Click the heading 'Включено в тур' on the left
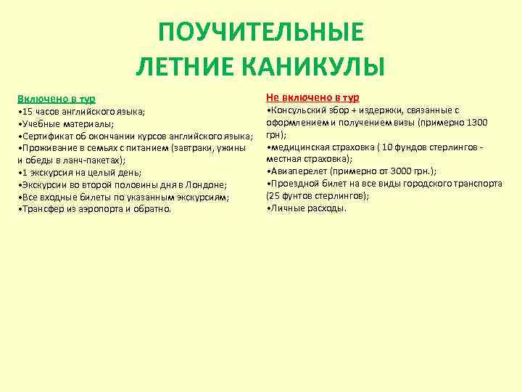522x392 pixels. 57,98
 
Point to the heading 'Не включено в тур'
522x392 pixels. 312,97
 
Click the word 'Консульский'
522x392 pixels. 299,110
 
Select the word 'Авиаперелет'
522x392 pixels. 299,171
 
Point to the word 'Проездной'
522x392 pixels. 294,184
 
